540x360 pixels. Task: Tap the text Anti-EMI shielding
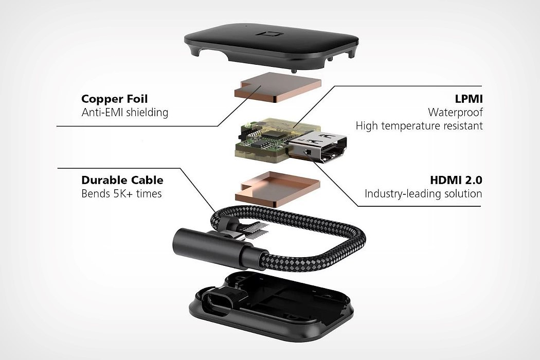124,112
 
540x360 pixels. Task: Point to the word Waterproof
455,112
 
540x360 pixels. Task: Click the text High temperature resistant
419,125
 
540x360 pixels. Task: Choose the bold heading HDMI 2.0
456,180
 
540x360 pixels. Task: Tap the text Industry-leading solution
423,194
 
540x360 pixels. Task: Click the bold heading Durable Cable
122,180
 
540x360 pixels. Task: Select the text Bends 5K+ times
121,194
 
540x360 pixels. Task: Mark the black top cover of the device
273,46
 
